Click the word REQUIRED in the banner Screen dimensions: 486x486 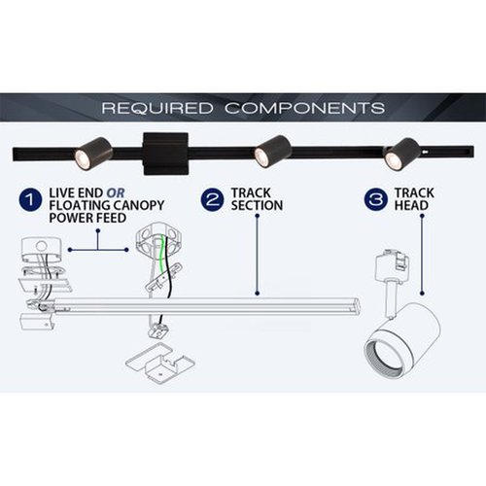[157, 108]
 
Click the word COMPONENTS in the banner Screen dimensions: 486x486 [305, 108]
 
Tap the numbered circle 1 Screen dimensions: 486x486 [30, 199]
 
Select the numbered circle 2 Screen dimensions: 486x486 [212, 199]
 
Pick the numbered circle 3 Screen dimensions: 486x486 [376, 199]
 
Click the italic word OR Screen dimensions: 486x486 [116, 193]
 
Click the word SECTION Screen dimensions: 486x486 [257, 205]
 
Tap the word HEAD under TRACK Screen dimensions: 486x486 [411, 205]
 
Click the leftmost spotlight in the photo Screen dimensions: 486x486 [93, 154]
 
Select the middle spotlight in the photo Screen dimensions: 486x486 [272, 152]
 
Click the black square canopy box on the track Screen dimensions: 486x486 [166, 154]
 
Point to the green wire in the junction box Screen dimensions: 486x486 [159, 256]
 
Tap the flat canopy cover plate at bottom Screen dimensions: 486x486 [160, 363]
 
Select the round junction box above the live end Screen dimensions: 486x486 [42, 250]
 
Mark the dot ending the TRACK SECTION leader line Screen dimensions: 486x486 [258, 294]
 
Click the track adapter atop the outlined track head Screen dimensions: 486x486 [393, 265]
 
